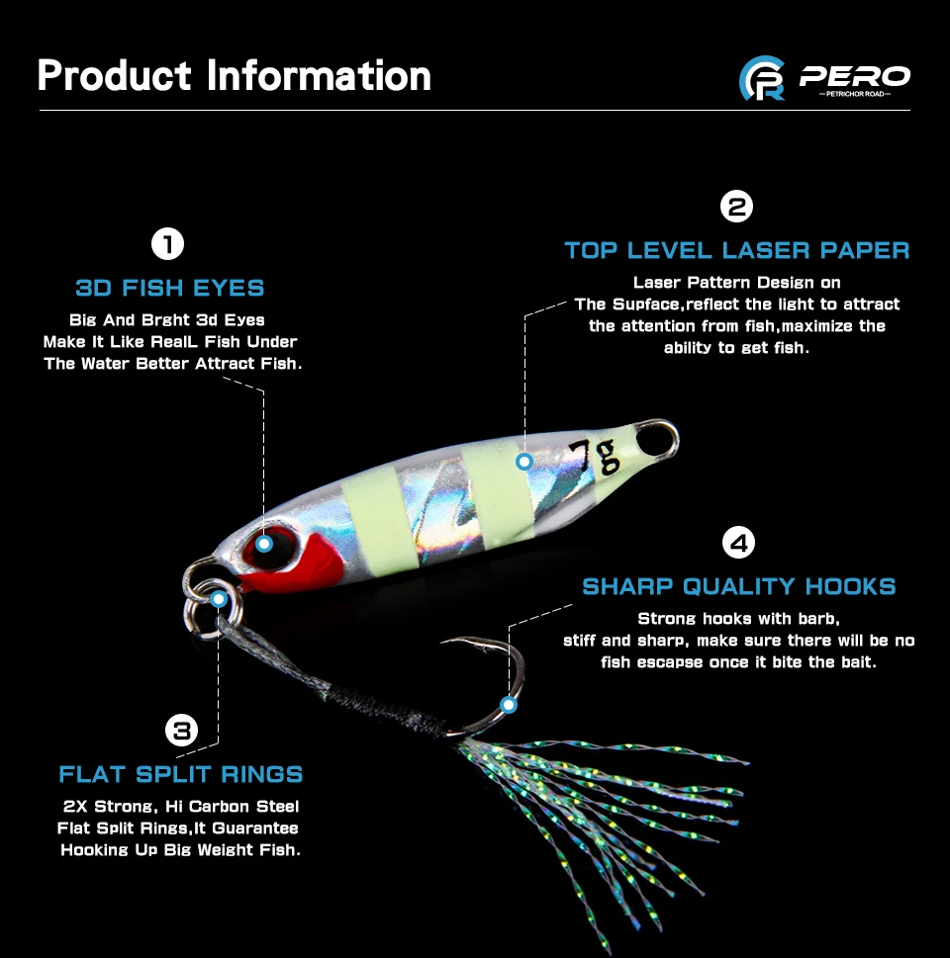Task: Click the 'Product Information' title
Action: coord(235,76)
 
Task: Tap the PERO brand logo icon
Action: coord(762,78)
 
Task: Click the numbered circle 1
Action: coord(168,243)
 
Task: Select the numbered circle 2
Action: coord(737,207)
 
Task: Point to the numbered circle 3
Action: coord(181,731)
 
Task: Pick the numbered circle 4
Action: coord(738,543)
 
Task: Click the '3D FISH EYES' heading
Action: coord(170,289)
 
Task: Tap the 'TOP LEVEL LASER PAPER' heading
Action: coord(737,250)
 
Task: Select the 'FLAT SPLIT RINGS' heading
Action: coord(180,774)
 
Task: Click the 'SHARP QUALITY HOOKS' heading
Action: coord(738,586)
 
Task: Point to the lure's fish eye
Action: coord(264,543)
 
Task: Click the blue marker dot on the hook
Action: coord(509,705)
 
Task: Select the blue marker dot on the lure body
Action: coord(524,461)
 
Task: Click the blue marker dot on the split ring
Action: coord(219,598)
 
